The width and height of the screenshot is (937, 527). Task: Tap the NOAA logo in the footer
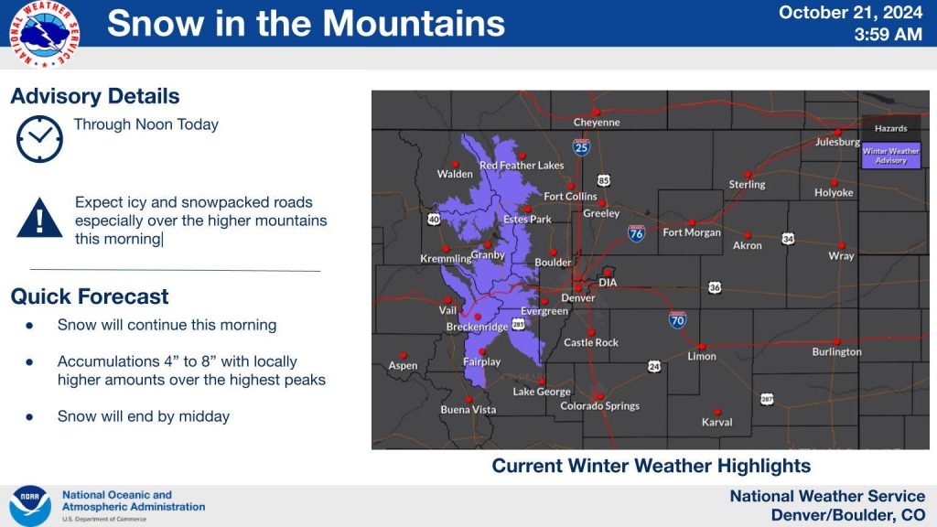[x=29, y=505]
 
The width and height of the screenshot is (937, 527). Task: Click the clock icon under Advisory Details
[x=39, y=139]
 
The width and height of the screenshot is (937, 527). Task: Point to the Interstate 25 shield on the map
[x=581, y=146]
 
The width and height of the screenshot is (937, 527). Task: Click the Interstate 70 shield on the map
[x=676, y=320]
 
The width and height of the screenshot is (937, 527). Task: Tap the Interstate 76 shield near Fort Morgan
[x=636, y=233]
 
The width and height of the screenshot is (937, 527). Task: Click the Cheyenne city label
[x=597, y=123]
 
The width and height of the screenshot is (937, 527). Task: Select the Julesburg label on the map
[x=837, y=142]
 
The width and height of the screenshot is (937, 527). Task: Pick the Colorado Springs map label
[x=599, y=405]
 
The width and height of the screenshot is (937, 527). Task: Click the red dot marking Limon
[x=702, y=346]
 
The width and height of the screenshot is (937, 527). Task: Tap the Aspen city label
[x=403, y=365]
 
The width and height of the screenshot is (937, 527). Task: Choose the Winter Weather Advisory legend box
[x=891, y=156]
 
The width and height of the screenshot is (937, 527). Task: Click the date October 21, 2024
[x=851, y=13]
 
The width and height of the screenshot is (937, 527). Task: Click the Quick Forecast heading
[x=90, y=296]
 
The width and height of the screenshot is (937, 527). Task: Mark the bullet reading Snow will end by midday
[x=143, y=416]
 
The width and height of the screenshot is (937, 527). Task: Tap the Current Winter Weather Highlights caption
[x=651, y=466]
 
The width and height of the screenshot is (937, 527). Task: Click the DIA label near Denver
[x=608, y=283]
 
